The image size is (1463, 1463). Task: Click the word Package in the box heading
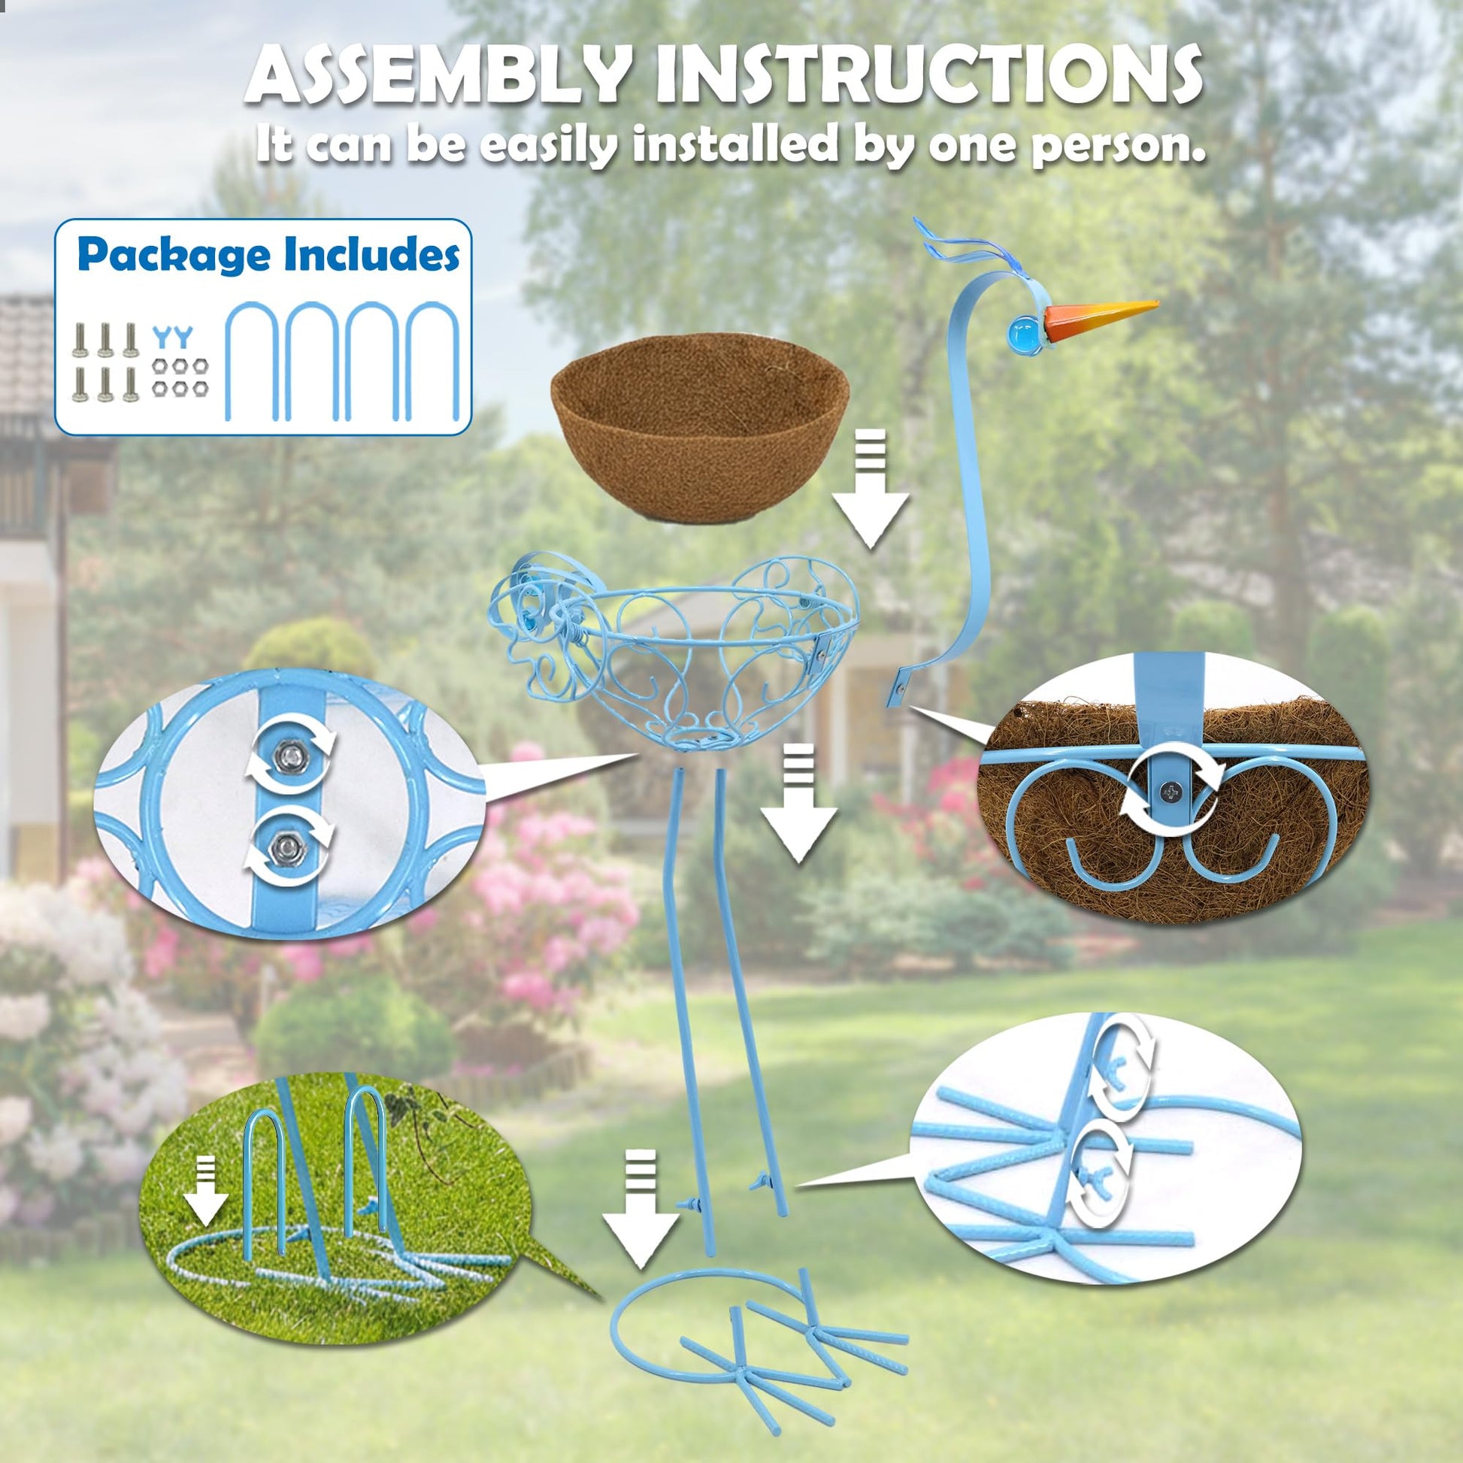tap(174, 256)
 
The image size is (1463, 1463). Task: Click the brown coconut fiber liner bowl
tap(700, 425)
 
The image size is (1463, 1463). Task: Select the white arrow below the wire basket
tap(798, 803)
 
